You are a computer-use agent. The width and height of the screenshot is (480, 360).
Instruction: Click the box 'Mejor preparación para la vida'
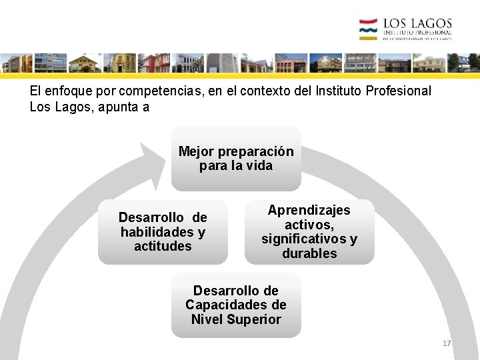pos(236,159)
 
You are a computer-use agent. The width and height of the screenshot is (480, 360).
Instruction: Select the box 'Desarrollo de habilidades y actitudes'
pos(163,232)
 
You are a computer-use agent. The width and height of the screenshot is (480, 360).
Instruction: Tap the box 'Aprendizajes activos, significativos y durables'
pos(309,232)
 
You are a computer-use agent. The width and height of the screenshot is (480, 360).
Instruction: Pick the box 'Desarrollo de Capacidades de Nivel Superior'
pos(236,305)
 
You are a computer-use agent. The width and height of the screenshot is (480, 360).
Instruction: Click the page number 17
pos(447,343)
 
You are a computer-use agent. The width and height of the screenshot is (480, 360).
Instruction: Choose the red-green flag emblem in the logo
pos(368,29)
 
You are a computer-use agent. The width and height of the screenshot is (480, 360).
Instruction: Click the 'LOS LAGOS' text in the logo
pos(417,25)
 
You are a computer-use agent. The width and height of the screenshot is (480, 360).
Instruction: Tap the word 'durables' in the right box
pos(309,254)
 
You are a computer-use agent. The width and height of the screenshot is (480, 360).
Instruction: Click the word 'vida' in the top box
pos(259,166)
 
